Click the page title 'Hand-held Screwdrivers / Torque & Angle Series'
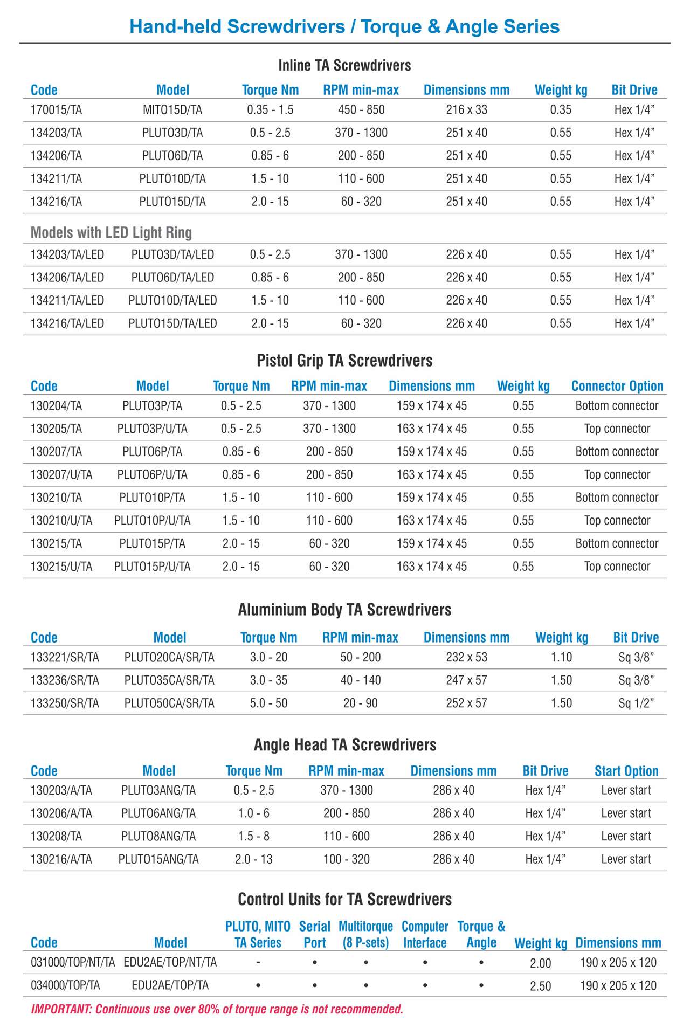pyautogui.click(x=344, y=26)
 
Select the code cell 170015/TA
pyautogui.click(x=56, y=110)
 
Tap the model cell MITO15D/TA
pyautogui.click(x=172, y=110)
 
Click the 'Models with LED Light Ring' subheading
pyautogui.click(x=111, y=232)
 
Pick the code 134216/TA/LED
pyautogui.click(x=67, y=323)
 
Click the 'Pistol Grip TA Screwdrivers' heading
pyautogui.click(x=344, y=360)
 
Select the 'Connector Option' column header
pyautogui.click(x=617, y=386)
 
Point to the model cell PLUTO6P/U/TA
pyautogui.click(x=153, y=475)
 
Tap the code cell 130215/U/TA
pyautogui.click(x=61, y=567)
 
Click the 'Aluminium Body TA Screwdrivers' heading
pyautogui.click(x=344, y=610)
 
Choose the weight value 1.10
pyautogui.click(x=561, y=657)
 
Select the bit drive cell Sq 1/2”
pyautogui.click(x=636, y=703)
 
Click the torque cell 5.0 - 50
pyautogui.click(x=268, y=703)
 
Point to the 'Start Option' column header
pyautogui.click(x=626, y=771)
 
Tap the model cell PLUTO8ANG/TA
pyautogui.click(x=158, y=837)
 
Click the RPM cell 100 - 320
pyautogui.click(x=347, y=859)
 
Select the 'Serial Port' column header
pyautogui.click(x=315, y=934)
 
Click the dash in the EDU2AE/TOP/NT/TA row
pyautogui.click(x=258, y=962)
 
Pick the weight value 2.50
pyautogui.click(x=540, y=986)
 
